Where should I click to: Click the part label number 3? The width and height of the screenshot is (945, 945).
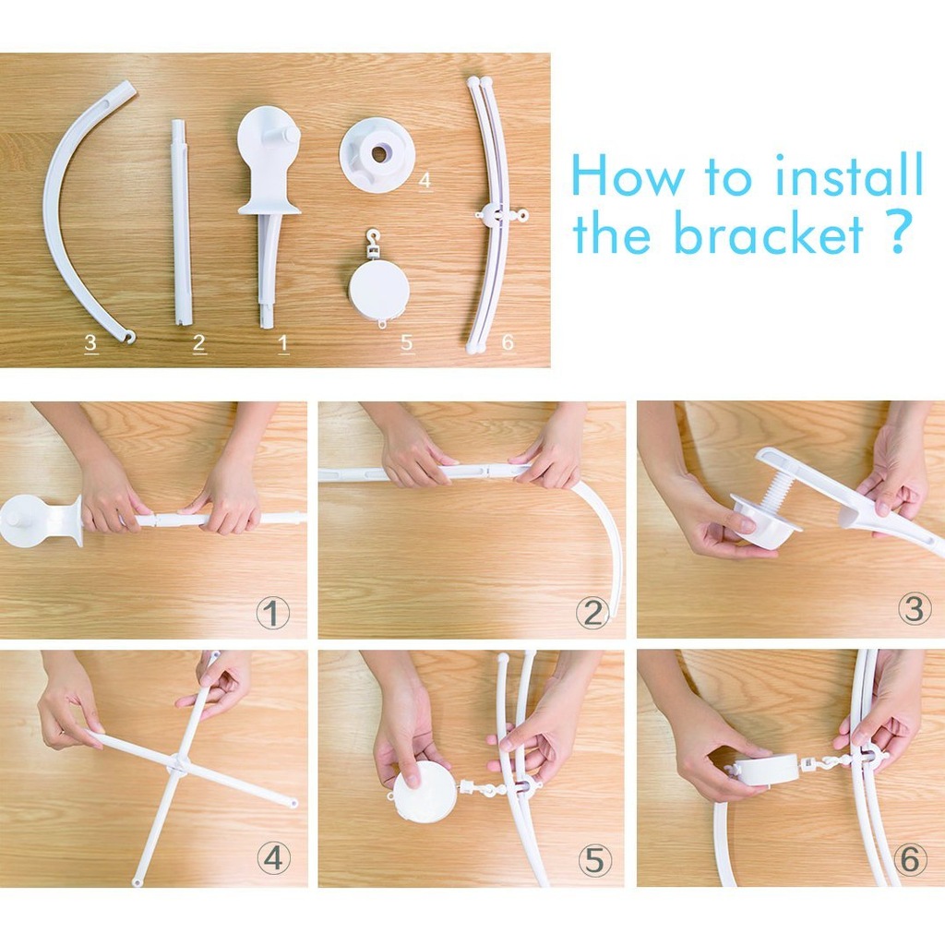[x=91, y=342]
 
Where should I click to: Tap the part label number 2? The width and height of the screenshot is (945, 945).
[x=199, y=342]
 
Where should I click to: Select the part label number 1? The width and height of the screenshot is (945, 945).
[x=283, y=343]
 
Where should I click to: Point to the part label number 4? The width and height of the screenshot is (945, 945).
[x=425, y=180]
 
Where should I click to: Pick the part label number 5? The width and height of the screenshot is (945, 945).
[x=407, y=342]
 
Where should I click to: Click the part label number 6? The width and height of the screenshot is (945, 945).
[x=508, y=341]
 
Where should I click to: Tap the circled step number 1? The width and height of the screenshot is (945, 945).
[x=273, y=613]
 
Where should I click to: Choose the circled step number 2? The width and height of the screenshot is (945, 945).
[x=592, y=613]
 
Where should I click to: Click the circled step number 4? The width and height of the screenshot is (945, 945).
[x=273, y=857]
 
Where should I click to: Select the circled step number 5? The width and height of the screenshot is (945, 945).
[x=595, y=860]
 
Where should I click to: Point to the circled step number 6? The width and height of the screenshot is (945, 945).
[x=911, y=859]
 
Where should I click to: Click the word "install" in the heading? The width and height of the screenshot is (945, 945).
[x=849, y=173]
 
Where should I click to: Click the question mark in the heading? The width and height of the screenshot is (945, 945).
[x=896, y=232]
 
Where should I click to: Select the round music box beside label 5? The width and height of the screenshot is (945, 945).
[x=379, y=288]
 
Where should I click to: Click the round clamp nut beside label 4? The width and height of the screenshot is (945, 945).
[x=377, y=154]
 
